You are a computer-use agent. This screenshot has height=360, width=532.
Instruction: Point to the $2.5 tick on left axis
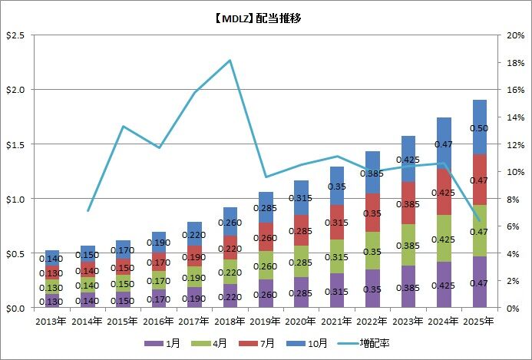[x=15, y=35]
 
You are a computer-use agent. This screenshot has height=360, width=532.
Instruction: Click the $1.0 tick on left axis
[x=15, y=199]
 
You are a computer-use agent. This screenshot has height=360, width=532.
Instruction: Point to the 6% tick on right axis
[x=514, y=226]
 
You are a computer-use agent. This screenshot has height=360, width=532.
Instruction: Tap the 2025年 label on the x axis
[x=479, y=321]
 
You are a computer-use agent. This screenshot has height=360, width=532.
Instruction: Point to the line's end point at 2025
[x=479, y=220]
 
